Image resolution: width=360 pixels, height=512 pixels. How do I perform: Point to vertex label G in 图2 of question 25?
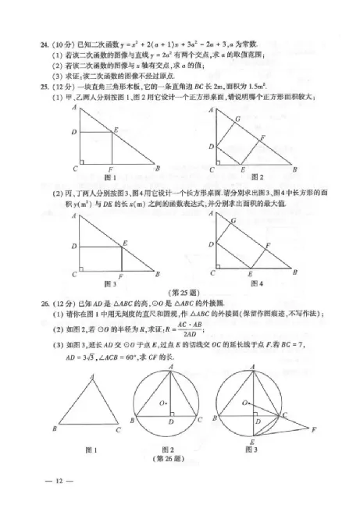237,118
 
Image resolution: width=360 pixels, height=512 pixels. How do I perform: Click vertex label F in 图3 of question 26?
313,430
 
